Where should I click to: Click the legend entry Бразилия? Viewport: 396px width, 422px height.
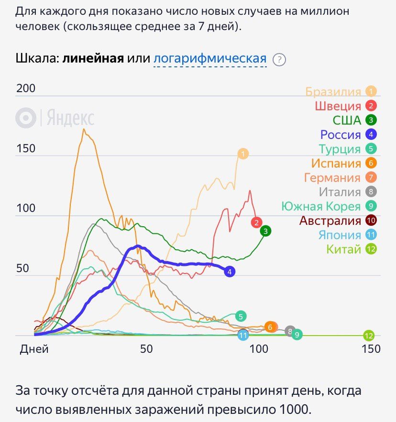[333, 92]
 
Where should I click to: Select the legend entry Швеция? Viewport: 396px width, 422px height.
[338, 106]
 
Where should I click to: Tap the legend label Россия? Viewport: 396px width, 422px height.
[341, 135]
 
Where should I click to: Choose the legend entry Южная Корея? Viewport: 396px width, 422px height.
[320, 206]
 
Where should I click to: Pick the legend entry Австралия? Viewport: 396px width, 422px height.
[330, 221]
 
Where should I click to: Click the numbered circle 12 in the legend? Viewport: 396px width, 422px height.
[371, 249]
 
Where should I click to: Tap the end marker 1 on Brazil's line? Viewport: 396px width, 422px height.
[243, 154]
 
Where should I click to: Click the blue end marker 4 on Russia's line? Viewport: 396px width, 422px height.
[230, 272]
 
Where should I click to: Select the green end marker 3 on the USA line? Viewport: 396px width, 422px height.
[266, 232]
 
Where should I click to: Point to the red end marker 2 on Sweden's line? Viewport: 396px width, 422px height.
[256, 222]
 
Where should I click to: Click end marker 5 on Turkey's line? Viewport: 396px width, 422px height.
[241, 316]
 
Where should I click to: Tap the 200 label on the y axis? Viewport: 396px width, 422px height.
[26, 88]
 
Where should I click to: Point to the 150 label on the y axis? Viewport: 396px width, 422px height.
[26, 148]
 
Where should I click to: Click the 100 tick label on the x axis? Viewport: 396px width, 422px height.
[259, 349]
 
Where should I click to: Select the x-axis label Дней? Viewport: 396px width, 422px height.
[34, 349]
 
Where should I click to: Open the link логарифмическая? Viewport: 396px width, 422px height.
[210, 59]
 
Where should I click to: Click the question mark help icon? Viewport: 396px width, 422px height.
[279, 60]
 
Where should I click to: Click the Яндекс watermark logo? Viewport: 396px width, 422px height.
[55, 118]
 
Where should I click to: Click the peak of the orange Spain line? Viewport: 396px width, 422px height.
[84, 129]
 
